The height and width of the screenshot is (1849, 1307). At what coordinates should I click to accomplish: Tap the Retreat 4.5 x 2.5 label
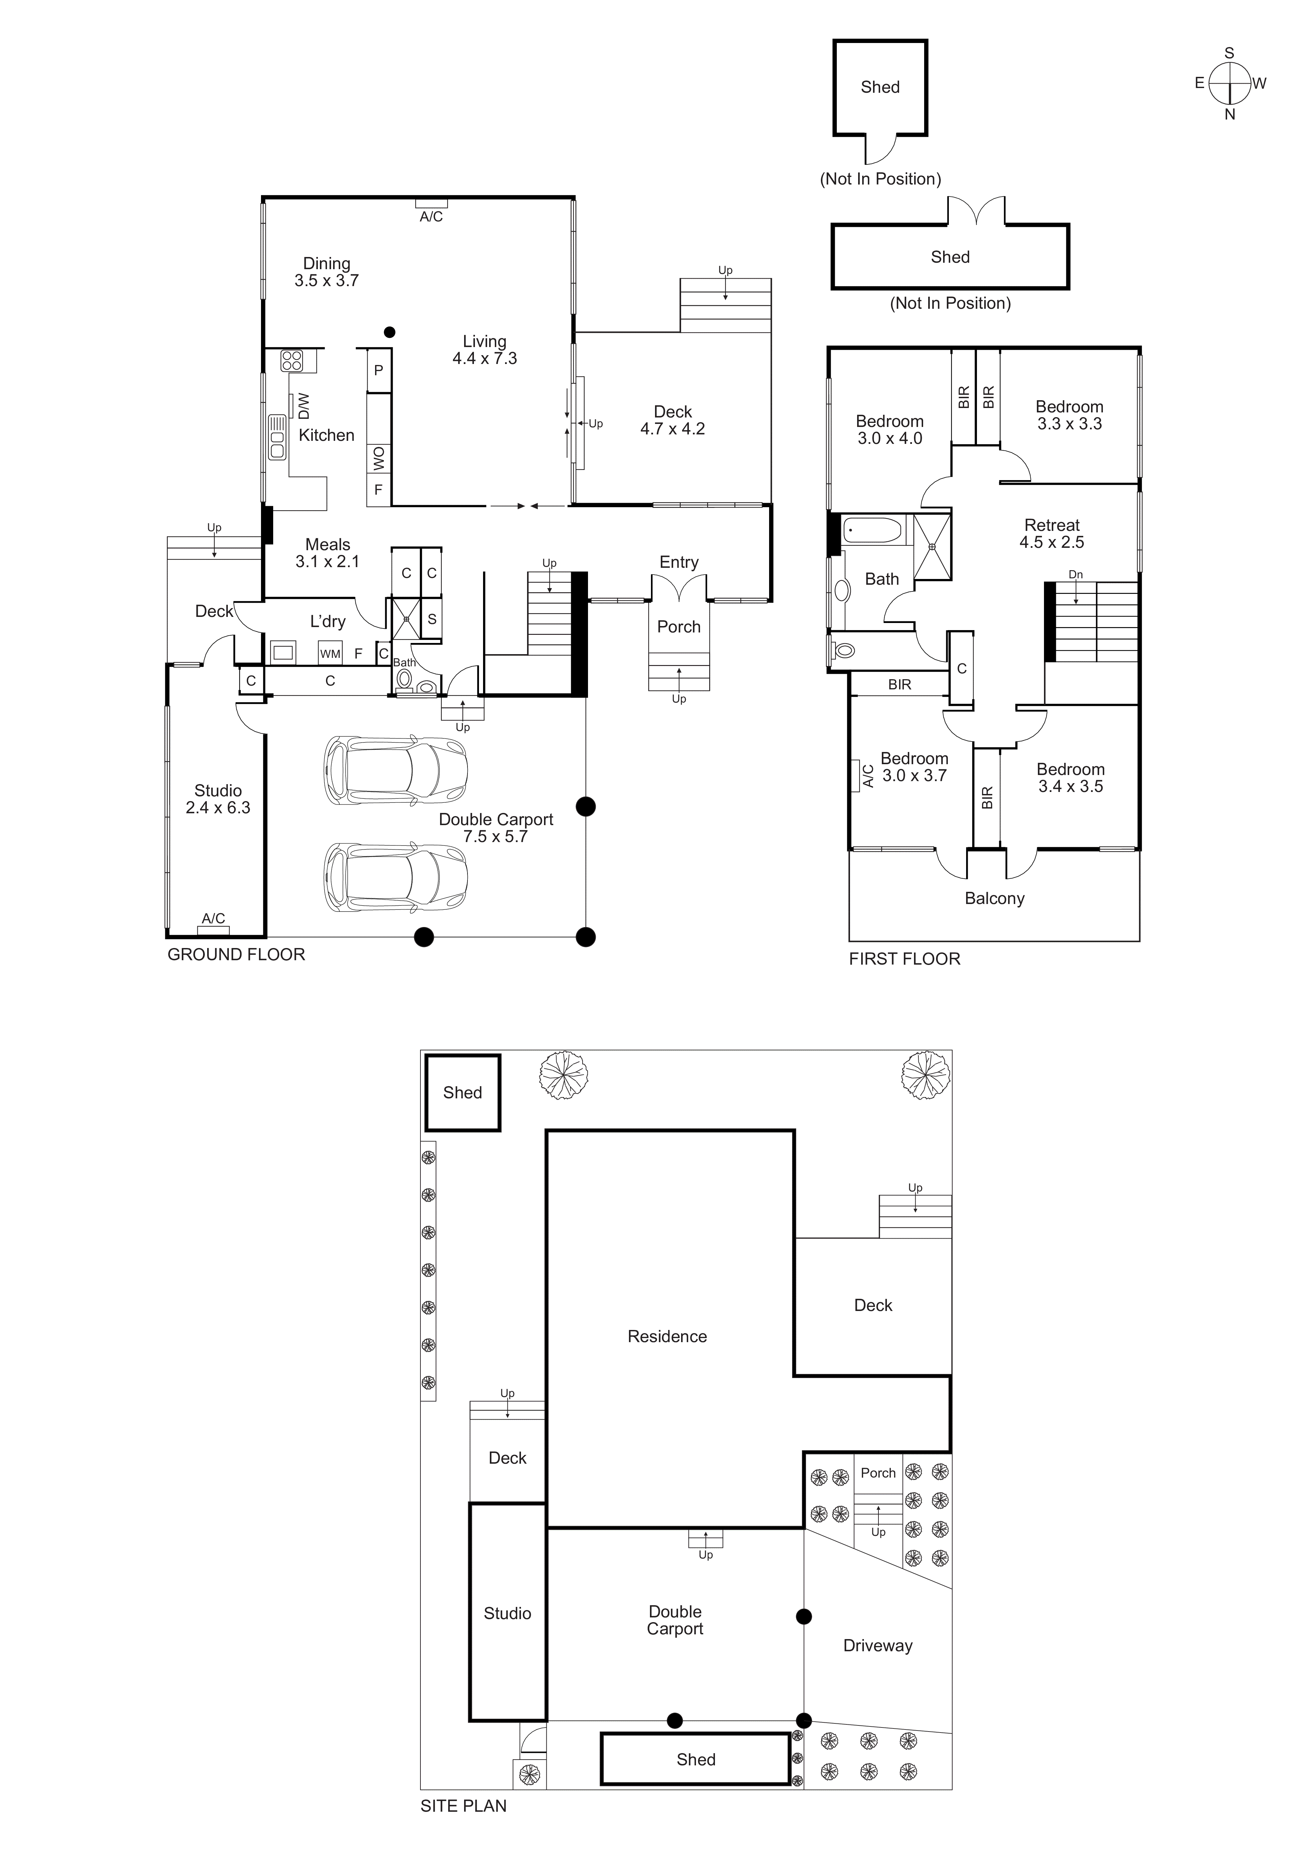[1052, 533]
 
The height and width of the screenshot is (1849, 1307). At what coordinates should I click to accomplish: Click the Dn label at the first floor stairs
[1075, 574]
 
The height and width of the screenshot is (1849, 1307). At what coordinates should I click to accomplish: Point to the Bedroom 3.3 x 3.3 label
[1069, 415]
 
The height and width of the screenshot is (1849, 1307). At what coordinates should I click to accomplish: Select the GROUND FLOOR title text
[236, 954]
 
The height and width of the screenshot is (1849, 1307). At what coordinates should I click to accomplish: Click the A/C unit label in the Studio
[213, 918]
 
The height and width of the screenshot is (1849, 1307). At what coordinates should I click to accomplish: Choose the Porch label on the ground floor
[679, 626]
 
